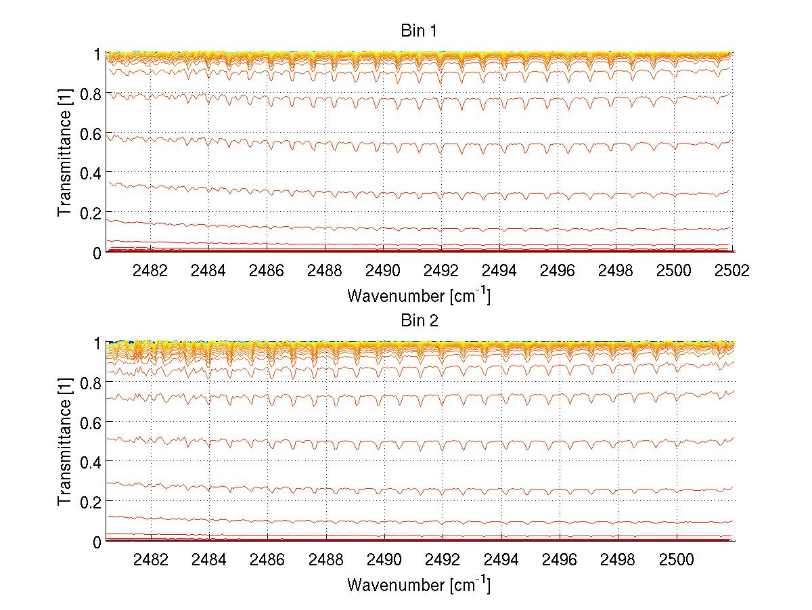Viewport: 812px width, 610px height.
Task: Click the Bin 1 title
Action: pyautogui.click(x=418, y=31)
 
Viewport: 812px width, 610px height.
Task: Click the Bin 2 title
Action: pyautogui.click(x=418, y=320)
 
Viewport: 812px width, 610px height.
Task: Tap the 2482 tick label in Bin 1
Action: pyautogui.click(x=150, y=270)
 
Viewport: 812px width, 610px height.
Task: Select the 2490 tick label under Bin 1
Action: pyautogui.click(x=383, y=270)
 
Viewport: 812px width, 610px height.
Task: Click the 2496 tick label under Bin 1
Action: pyautogui.click(x=558, y=270)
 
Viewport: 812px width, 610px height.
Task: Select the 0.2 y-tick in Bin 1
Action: pyautogui.click(x=91, y=213)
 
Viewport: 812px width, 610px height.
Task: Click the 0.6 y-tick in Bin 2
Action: pyautogui.click(x=91, y=422)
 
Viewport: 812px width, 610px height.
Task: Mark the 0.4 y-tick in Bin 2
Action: pyautogui.click(x=91, y=462)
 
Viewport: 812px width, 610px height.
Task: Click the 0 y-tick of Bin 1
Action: pyautogui.click(x=97, y=253)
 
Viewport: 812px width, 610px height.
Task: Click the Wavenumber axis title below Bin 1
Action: pyautogui.click(x=418, y=295)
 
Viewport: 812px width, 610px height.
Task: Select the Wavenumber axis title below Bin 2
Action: pyautogui.click(x=418, y=584)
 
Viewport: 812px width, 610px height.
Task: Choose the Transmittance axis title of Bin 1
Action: pyautogui.click(x=65, y=153)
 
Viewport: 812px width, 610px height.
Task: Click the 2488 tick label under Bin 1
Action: pyautogui.click(x=325, y=270)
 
